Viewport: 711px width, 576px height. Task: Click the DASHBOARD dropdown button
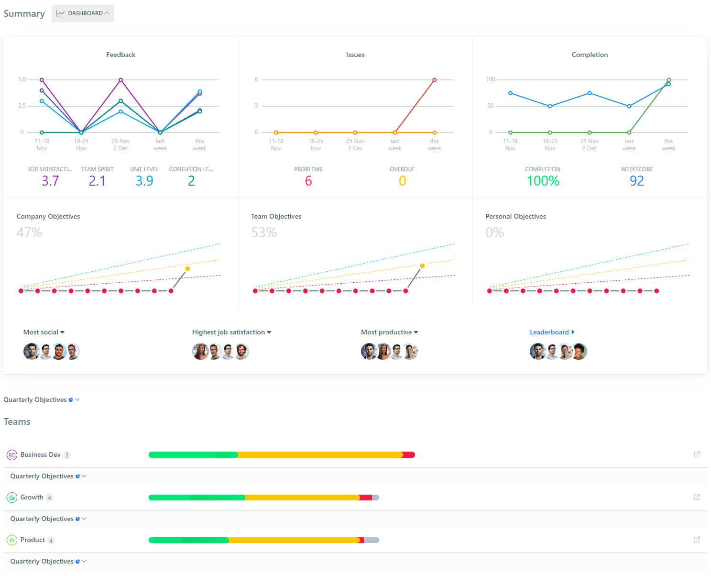coord(83,13)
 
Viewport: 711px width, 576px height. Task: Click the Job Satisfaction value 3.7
coord(50,181)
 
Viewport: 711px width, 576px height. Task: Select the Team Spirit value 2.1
coord(97,181)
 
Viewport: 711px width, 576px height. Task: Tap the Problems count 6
coord(308,181)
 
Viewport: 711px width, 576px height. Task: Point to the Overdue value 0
coord(402,181)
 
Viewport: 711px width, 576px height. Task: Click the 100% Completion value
coord(543,181)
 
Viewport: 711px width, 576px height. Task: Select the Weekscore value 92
coord(636,181)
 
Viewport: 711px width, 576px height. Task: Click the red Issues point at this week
coord(434,80)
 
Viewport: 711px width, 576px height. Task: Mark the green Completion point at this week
coord(668,80)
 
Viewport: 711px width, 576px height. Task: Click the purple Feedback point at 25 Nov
coord(120,80)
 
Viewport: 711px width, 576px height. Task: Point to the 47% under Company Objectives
coord(30,233)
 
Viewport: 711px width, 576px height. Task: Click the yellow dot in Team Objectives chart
coord(422,266)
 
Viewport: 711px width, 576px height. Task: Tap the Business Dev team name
coord(41,454)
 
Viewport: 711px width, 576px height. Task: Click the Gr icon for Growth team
coord(12,498)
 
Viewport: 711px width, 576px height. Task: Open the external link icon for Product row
coord(697,540)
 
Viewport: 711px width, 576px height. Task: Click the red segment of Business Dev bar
coord(409,454)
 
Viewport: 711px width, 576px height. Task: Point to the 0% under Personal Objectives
coord(495,233)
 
